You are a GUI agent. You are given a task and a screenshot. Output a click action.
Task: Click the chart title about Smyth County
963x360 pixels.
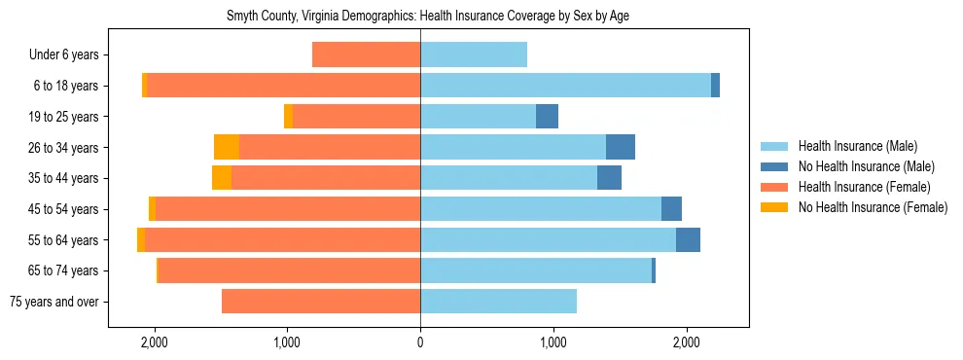[420, 17]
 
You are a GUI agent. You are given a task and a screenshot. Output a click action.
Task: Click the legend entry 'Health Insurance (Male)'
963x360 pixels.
[857, 146]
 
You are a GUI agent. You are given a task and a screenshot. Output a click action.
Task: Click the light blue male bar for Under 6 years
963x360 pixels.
[474, 54]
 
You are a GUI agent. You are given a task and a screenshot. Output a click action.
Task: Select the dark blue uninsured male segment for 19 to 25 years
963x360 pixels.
[547, 117]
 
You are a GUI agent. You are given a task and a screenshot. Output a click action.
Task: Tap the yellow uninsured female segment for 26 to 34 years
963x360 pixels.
[227, 147]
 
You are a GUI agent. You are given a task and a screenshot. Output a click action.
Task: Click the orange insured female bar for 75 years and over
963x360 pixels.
[321, 302]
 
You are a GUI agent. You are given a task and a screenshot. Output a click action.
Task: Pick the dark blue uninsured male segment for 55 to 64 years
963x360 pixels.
[688, 239]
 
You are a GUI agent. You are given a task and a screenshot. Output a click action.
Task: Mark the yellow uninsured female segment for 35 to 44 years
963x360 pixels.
[222, 178]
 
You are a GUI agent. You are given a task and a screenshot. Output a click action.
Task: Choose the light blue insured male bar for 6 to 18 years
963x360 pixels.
[565, 86]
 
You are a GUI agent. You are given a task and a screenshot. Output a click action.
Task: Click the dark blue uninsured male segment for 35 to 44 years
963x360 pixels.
[609, 178]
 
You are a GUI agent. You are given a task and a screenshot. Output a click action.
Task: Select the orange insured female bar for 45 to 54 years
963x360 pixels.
[288, 209]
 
